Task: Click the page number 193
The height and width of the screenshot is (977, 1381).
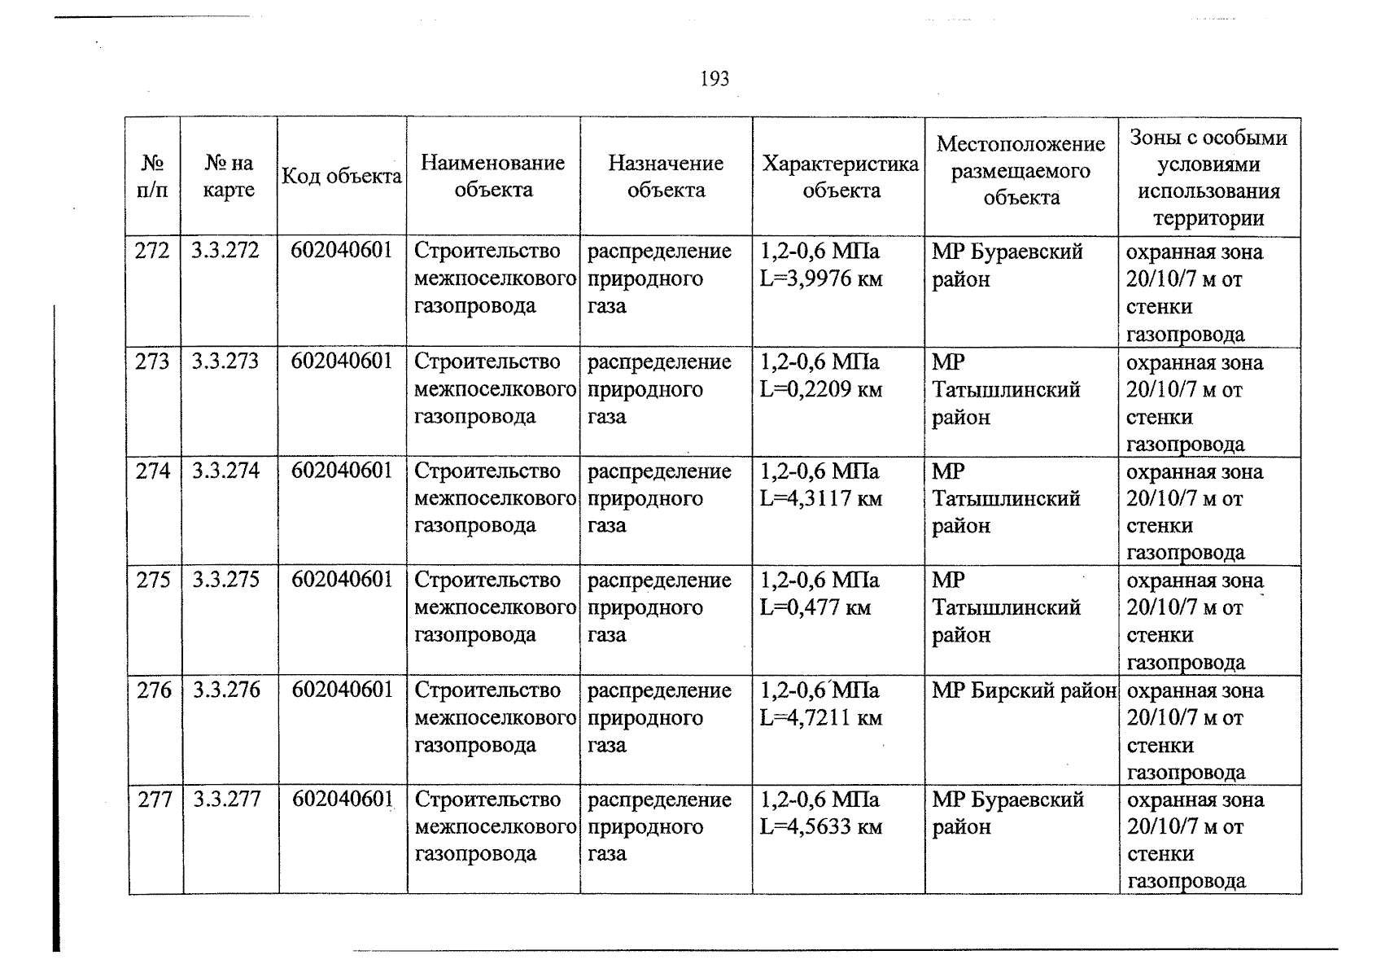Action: pyautogui.click(x=714, y=79)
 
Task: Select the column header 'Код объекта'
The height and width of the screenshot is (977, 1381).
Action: pyautogui.click(x=342, y=177)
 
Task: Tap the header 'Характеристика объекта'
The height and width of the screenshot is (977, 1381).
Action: pyautogui.click(x=841, y=177)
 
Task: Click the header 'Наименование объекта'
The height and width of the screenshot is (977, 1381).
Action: pyautogui.click(x=493, y=177)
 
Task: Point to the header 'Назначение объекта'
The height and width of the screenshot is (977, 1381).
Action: pyautogui.click(x=666, y=177)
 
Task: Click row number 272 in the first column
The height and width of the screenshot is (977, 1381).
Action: pyautogui.click(x=152, y=251)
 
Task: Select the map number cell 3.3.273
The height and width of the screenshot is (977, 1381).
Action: pyautogui.click(x=225, y=361)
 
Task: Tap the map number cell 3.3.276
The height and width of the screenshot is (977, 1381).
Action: pyautogui.click(x=226, y=690)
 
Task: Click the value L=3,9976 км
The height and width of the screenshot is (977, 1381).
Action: pyautogui.click(x=820, y=279)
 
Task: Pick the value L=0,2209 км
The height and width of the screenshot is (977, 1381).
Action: pyautogui.click(x=820, y=389)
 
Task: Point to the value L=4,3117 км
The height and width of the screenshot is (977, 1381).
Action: pyautogui.click(x=820, y=498)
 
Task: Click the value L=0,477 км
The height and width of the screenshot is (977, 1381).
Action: pyautogui.click(x=815, y=607)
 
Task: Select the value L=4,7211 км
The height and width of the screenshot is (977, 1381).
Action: pyautogui.click(x=820, y=718)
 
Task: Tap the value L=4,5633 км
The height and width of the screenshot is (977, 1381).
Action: pyautogui.click(x=820, y=827)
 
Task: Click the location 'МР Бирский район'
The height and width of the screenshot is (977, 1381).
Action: pyautogui.click(x=1023, y=690)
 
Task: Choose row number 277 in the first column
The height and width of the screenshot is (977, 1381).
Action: pyautogui.click(x=155, y=800)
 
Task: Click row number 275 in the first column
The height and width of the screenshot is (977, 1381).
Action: pyautogui.click(x=154, y=580)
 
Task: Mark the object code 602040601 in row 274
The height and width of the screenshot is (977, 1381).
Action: pyautogui.click(x=342, y=471)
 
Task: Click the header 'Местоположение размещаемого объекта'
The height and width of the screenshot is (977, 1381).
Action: pyautogui.click(x=1020, y=171)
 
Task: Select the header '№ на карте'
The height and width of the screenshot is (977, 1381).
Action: pyautogui.click(x=229, y=177)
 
